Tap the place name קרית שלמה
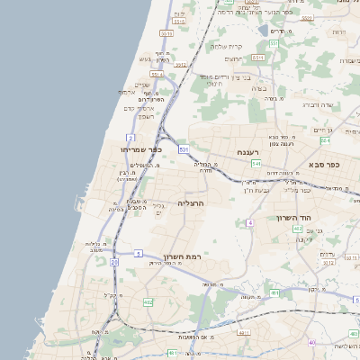click(228, 46)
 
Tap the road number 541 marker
click(256, 165)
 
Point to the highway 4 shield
click(251, 221)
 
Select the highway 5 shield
click(139, 255)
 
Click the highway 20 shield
click(114, 262)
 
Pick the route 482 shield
click(148, 303)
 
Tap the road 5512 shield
click(180, 65)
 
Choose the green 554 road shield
click(324, 140)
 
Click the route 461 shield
click(172, 354)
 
